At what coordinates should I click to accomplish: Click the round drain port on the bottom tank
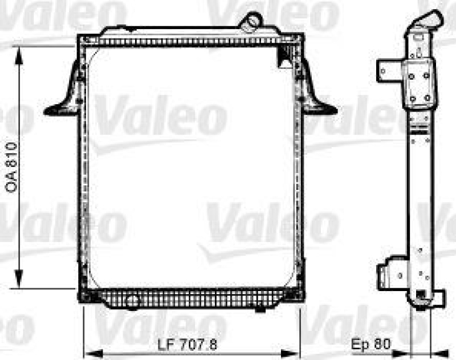pyautogui.click(x=132, y=302)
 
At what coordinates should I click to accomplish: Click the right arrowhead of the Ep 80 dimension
pyautogui.click(x=439, y=351)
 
